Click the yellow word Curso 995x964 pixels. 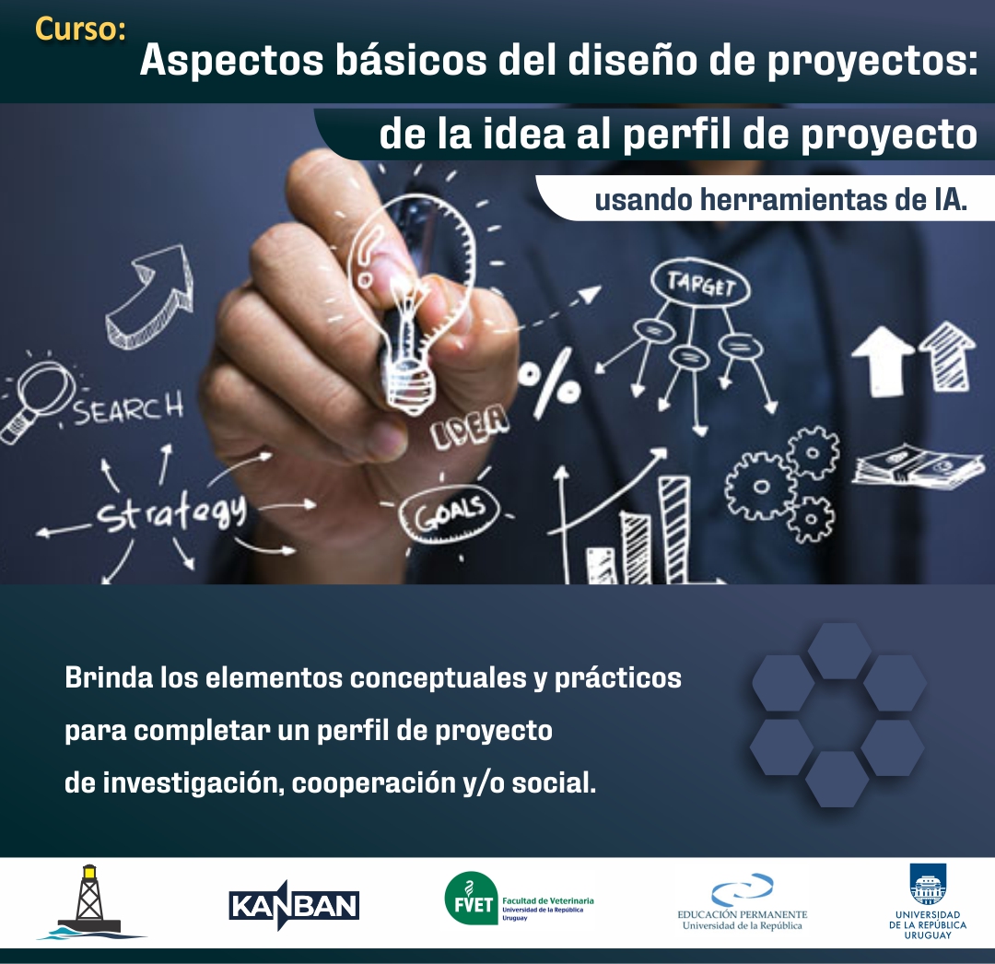[80, 29]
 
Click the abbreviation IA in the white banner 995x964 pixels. [950, 199]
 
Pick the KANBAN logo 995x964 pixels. [294, 905]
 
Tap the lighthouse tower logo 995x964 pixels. [90, 902]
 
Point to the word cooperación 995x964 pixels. [370, 783]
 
